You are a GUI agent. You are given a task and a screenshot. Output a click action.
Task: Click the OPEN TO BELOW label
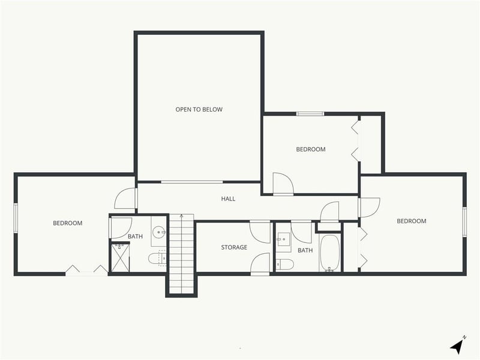[x=199, y=109]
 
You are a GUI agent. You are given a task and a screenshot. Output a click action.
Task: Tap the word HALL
[x=228, y=199]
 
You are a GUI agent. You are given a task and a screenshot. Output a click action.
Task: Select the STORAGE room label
[x=234, y=247]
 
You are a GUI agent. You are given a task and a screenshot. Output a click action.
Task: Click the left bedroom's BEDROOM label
[x=67, y=223]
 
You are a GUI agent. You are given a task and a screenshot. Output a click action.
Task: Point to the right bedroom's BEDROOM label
[x=412, y=221]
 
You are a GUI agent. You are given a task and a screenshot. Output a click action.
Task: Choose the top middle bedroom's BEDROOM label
[x=311, y=149]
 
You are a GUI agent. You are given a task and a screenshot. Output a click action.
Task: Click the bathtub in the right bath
[x=329, y=253]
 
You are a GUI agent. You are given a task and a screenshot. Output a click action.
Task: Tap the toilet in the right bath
[x=284, y=264]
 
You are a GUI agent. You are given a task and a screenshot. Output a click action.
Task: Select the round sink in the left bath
[x=159, y=231]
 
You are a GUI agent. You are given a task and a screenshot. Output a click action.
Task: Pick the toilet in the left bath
[x=155, y=259]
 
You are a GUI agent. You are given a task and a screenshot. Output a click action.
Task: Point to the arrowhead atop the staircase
[x=181, y=216]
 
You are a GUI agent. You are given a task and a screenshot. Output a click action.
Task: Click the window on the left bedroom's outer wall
[x=16, y=217]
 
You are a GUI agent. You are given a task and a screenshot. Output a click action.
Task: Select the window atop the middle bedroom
[x=310, y=113]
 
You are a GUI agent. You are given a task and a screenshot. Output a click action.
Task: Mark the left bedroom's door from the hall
[x=126, y=199]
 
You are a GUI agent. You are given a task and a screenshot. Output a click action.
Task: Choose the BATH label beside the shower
[x=135, y=236]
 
